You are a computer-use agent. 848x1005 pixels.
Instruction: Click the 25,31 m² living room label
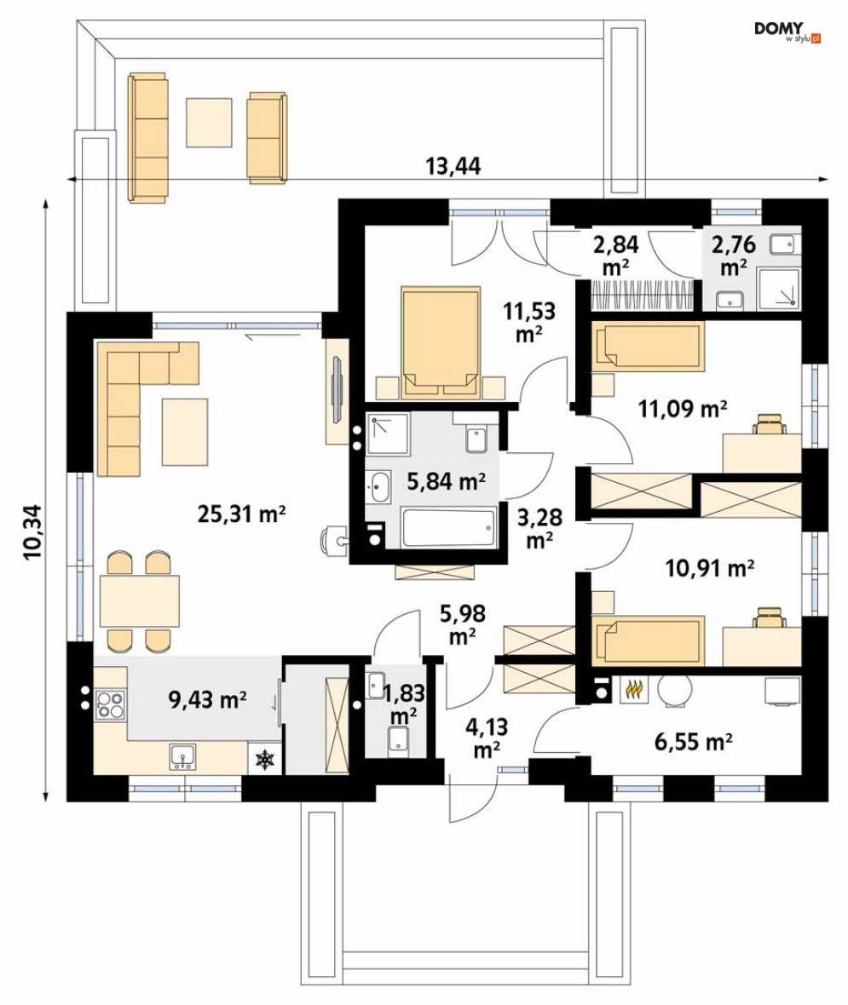coord(241,514)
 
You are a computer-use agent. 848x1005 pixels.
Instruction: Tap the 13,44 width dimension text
coord(453,166)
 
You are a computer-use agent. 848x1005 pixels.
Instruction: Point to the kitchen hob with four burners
coord(110,704)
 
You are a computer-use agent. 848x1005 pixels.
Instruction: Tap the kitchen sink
coord(183,756)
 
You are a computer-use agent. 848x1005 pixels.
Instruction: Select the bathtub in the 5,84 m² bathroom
coord(449,527)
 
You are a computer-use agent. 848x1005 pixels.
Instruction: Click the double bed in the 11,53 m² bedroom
coord(441,343)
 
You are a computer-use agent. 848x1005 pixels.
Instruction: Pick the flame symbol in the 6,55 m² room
coord(633,690)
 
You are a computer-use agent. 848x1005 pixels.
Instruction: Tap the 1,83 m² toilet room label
coord(403,703)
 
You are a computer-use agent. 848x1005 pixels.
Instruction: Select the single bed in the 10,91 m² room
coord(648,641)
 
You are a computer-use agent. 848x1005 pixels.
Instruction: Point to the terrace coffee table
coord(209,123)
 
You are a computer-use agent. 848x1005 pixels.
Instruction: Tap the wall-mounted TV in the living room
coord(337,390)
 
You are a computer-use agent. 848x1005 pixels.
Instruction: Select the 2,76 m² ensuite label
coord(733,256)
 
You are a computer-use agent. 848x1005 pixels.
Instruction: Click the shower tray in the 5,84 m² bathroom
coord(388,434)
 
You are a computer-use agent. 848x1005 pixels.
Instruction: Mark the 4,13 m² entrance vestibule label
coord(487,738)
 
